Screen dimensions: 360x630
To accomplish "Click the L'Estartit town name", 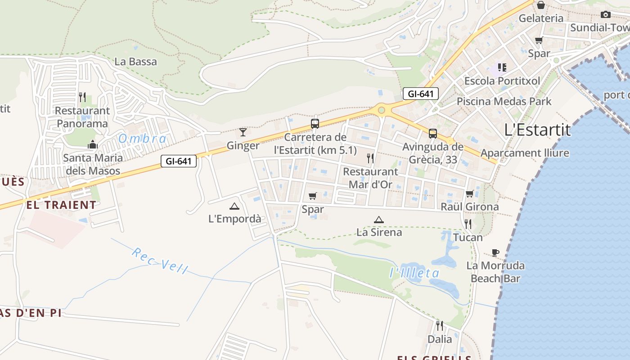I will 537,130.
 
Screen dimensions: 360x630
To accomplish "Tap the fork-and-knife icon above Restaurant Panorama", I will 82,97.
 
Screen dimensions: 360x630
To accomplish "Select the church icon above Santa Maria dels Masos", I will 93,144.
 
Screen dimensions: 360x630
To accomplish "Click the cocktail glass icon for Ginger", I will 243,132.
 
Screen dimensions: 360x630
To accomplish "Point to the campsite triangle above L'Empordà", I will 234,206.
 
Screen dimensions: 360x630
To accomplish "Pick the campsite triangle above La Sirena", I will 379,220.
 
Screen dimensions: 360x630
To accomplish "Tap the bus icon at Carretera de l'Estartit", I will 315,123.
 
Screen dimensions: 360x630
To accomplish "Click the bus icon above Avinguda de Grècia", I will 432,133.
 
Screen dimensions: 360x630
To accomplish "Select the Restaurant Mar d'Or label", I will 370,178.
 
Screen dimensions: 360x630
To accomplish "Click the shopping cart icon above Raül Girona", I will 469,193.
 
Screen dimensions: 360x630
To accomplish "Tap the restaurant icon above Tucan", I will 468,224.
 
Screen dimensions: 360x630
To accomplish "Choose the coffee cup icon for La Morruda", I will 495,252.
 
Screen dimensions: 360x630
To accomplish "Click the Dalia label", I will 440,339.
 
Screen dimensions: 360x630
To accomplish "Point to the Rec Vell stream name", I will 160,261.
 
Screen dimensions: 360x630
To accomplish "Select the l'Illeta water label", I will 414,273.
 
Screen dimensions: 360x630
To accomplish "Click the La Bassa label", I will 135,62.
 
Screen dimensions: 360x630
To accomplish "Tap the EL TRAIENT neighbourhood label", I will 61,205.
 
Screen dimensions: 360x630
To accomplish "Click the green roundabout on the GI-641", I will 382,109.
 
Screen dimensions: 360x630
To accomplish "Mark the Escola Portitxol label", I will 502,81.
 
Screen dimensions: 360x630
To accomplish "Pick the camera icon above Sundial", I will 606,14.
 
